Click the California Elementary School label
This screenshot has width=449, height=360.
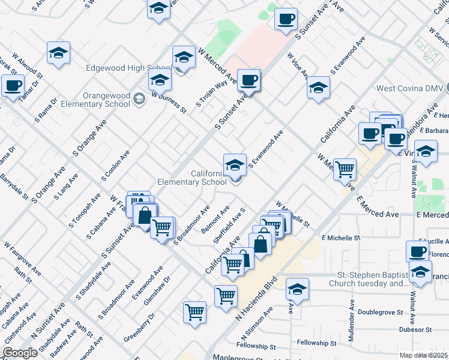pyautogui.click(x=192, y=178)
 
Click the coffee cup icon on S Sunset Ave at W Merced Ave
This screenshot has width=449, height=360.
pyautogui.click(x=249, y=80)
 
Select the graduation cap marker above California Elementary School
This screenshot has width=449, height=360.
pyautogui.click(x=235, y=164)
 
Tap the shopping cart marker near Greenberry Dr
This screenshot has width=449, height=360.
pyautogui.click(x=195, y=313)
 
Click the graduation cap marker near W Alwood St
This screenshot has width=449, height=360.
pyautogui.click(x=59, y=54)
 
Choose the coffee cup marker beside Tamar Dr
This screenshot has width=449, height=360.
pyautogui.click(x=13, y=86)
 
